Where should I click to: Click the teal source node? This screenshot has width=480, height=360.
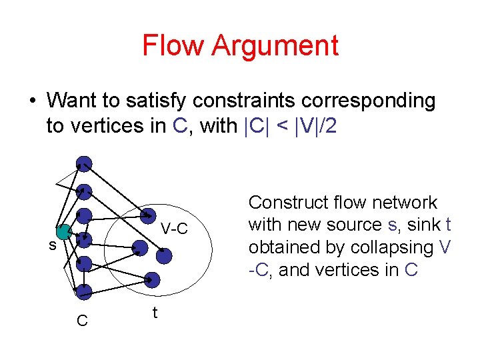click(63, 232)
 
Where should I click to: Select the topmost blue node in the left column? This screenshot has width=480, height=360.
click(84, 164)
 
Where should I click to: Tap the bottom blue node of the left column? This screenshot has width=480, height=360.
click(83, 291)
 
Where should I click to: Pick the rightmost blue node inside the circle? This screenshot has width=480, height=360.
click(164, 255)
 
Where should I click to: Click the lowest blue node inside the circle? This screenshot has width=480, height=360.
click(152, 279)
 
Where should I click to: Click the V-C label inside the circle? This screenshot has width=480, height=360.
click(175, 229)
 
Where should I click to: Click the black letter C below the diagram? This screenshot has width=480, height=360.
click(82, 321)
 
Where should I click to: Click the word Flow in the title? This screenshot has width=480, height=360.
click(173, 45)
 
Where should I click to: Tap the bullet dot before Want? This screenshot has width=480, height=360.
click(32, 101)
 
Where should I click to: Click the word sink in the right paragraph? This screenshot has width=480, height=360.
click(422, 225)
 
